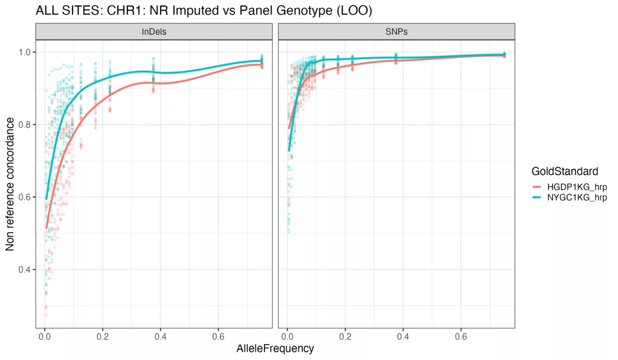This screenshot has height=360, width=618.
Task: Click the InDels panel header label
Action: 154,32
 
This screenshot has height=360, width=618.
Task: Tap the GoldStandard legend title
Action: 565,170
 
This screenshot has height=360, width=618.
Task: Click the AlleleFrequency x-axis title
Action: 275,349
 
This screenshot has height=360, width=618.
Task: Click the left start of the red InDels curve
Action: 46,228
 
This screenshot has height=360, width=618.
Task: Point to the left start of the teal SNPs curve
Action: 289,151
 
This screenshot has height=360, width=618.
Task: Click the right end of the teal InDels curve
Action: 262,61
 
